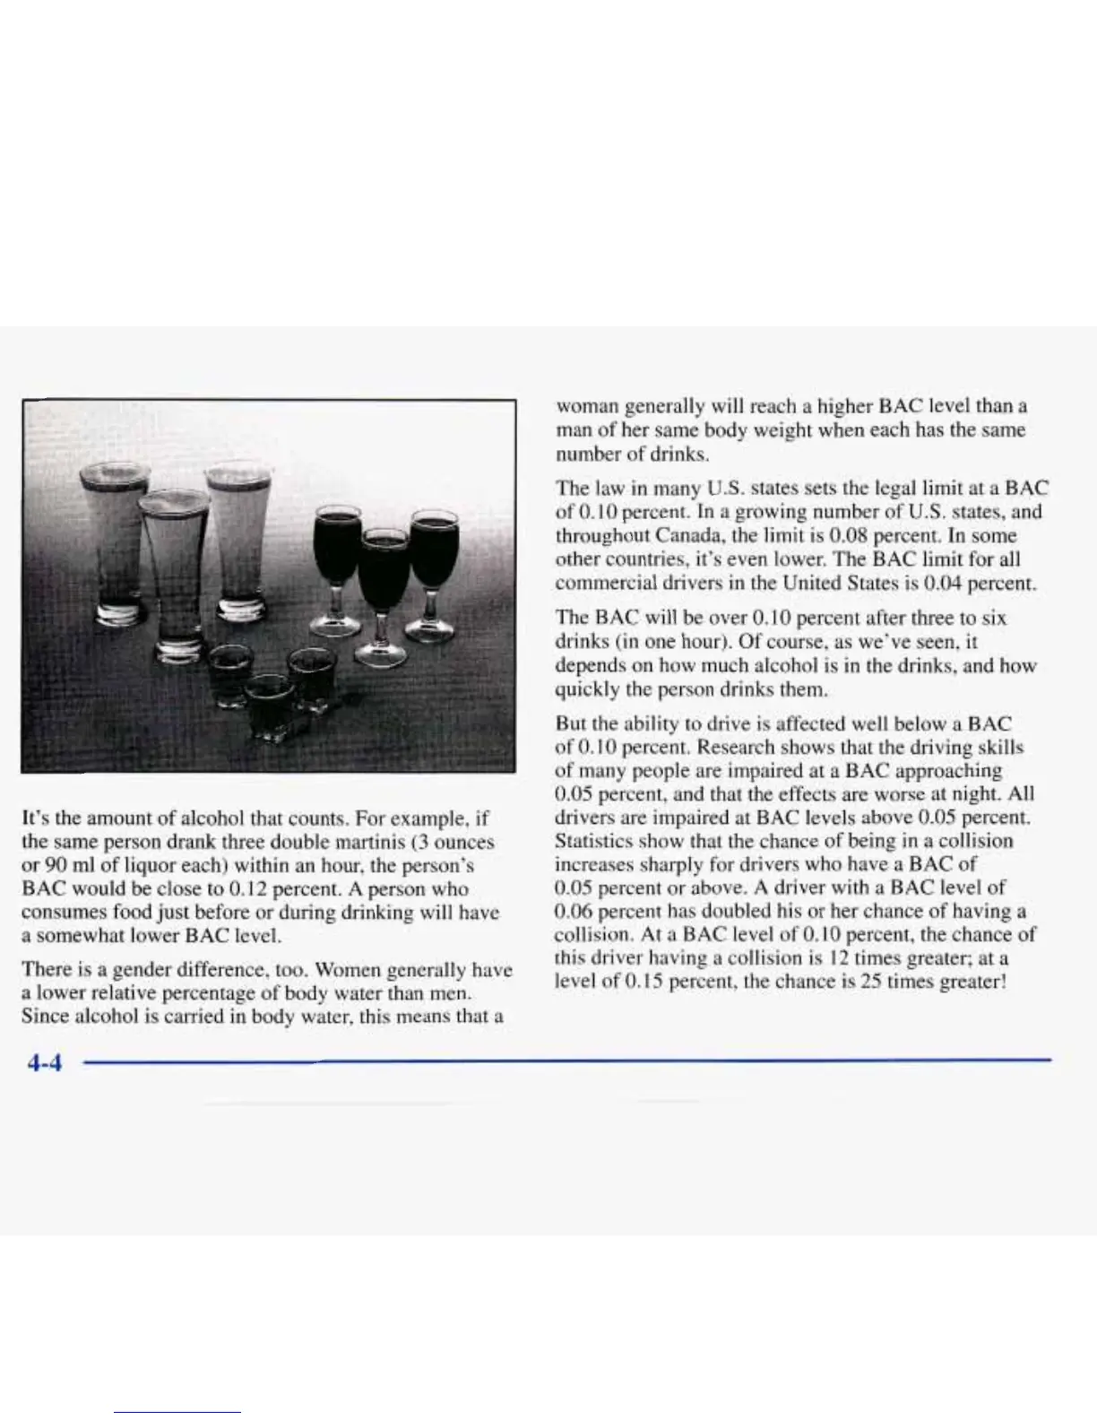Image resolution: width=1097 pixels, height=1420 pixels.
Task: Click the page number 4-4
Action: point(43,1063)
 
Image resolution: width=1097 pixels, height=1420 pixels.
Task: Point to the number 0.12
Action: point(247,889)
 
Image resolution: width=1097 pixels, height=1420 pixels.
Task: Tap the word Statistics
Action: point(593,841)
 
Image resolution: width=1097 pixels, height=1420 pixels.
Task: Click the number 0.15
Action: point(645,981)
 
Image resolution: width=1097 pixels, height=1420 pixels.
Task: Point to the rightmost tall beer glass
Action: point(238,538)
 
